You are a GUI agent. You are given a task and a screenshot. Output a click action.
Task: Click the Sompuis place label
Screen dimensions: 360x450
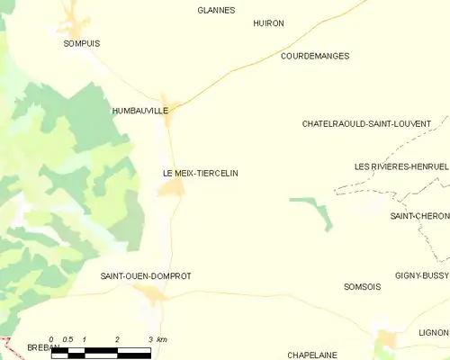pyautogui.click(x=81, y=42)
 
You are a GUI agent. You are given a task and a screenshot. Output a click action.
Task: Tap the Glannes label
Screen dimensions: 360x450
pyautogui.click(x=216, y=11)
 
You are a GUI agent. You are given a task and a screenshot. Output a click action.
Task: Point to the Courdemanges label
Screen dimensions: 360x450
pyautogui.click(x=315, y=56)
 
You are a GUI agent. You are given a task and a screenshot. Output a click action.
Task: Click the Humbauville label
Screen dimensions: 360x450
pyautogui.click(x=139, y=111)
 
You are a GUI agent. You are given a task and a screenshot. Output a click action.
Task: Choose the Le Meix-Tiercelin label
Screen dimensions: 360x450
pyautogui.click(x=200, y=173)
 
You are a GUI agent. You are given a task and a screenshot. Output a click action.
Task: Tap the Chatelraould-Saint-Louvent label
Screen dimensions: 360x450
pyautogui.click(x=366, y=123)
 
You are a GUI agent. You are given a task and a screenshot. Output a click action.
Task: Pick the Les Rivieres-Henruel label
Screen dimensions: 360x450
pyautogui.click(x=401, y=166)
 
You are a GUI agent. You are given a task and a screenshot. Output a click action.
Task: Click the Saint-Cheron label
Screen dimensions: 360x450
pyautogui.click(x=419, y=216)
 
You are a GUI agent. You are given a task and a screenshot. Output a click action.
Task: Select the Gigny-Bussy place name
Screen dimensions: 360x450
pyautogui.click(x=421, y=274)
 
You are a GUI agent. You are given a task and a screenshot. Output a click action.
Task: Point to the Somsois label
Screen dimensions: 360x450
pyautogui.click(x=363, y=286)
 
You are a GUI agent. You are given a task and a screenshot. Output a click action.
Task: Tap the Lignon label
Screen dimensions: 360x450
pyautogui.click(x=434, y=332)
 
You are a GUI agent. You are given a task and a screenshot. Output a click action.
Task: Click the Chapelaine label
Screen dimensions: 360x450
pyautogui.click(x=311, y=355)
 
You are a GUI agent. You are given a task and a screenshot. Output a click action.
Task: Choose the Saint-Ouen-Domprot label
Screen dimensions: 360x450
pyautogui.click(x=146, y=276)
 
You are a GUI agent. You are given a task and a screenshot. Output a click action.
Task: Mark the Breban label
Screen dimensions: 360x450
pyautogui.click(x=43, y=346)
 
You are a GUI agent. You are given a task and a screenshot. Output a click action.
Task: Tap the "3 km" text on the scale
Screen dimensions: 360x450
pyautogui.click(x=157, y=339)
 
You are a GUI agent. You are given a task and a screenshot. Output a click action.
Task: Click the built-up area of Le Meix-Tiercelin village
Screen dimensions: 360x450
pyautogui.click(x=172, y=188)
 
